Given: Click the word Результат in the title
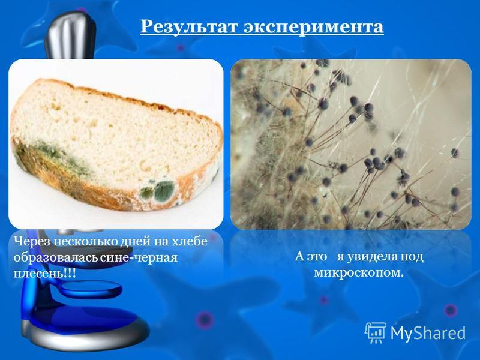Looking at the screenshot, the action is pos(189,26).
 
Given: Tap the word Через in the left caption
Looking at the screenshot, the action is pos(32,242).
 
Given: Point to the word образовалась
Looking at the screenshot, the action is pos(55,257).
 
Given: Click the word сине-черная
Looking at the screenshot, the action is pos(139,257).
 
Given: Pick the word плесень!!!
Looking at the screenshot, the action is pos(44,273).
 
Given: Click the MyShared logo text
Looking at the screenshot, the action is pos(428,333).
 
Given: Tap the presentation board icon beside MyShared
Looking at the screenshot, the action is pos(376,332).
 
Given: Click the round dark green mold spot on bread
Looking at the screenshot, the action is pos(164,190).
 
